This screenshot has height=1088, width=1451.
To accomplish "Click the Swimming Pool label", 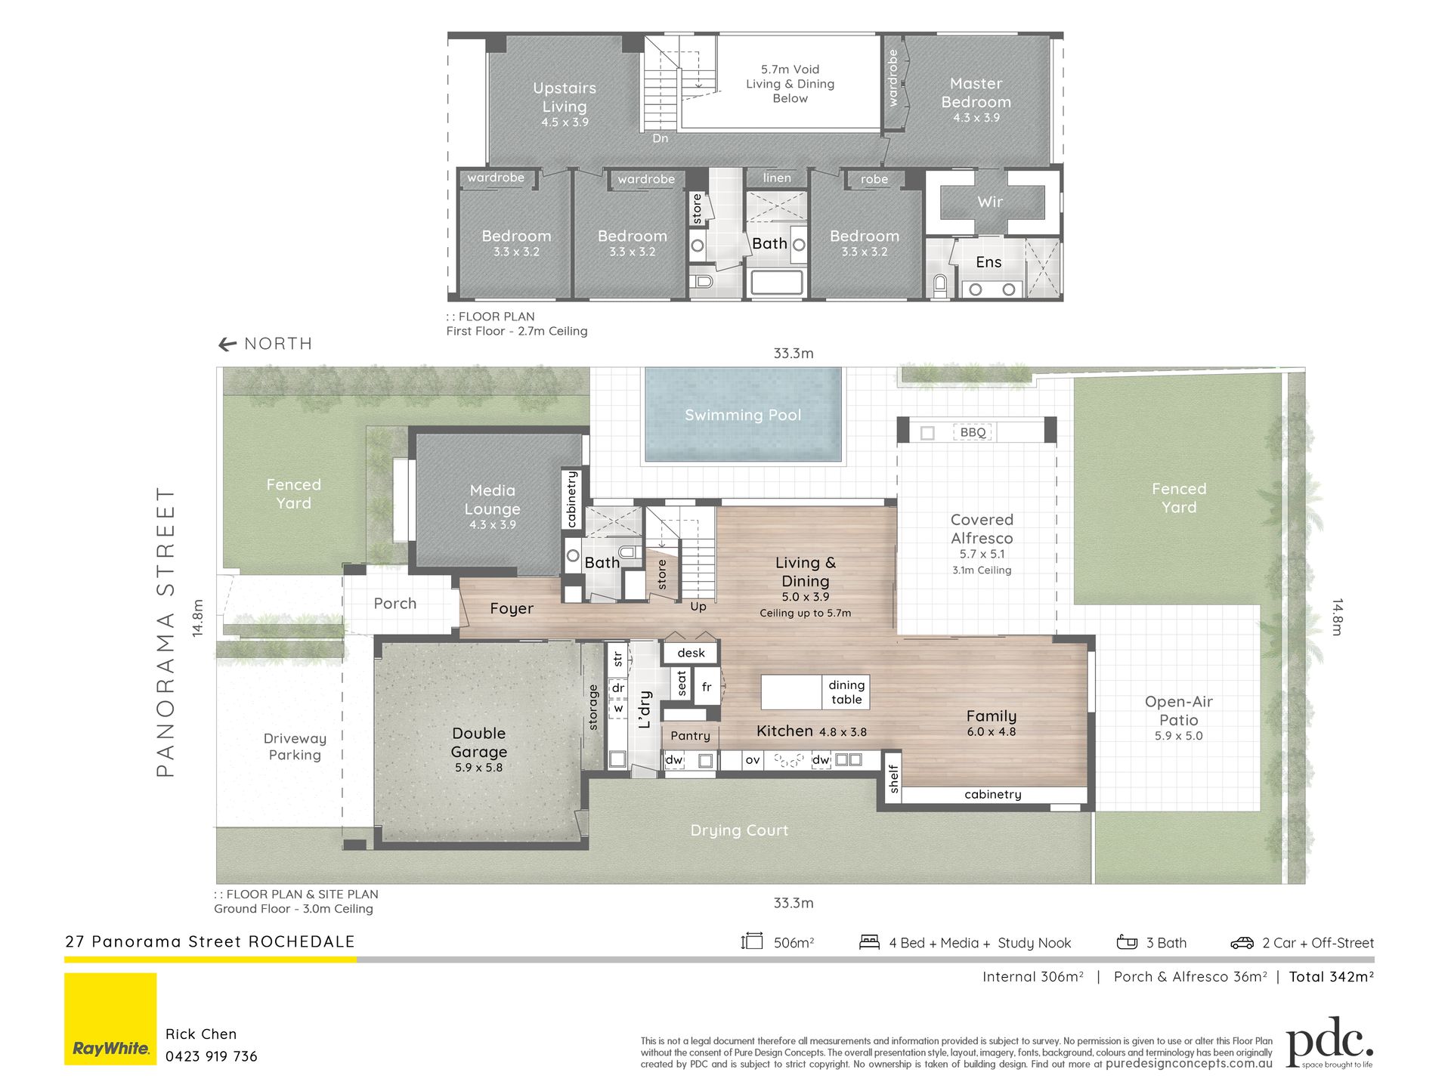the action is [743, 415].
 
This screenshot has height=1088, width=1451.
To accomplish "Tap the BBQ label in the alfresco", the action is [973, 432].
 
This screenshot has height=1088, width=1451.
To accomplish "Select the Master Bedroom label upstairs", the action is [976, 93].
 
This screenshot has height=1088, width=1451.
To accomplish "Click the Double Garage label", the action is [479, 743].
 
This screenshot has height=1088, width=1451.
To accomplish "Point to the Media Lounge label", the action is [493, 500].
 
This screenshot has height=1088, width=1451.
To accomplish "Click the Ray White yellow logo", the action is [110, 1018].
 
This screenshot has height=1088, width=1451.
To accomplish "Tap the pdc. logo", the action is [1329, 1042].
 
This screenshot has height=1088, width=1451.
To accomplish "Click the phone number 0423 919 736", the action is [212, 1056].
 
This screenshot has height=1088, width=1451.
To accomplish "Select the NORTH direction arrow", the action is [227, 345].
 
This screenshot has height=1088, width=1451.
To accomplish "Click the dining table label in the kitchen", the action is [846, 692].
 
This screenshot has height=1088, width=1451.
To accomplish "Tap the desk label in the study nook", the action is [691, 653].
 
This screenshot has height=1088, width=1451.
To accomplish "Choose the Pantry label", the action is [690, 736].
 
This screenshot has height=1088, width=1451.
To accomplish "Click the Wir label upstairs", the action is [990, 202].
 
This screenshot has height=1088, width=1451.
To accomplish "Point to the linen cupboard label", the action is [777, 178].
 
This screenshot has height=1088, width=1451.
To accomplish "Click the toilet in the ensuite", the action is [940, 286].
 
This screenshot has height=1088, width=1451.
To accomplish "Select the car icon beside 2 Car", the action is [1242, 943].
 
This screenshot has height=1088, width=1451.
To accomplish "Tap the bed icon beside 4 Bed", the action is [869, 942].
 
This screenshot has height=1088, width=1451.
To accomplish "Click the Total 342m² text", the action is [1332, 977].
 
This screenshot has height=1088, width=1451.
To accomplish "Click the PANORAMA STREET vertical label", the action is [166, 632].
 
